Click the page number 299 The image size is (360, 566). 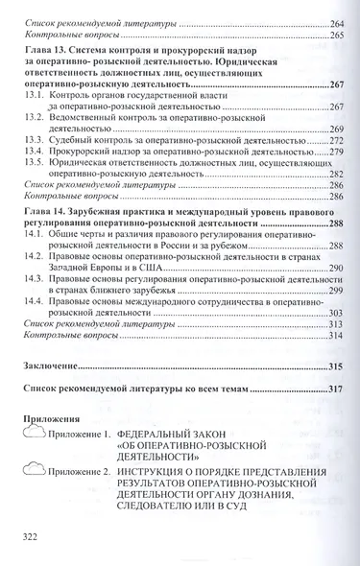point(335,290)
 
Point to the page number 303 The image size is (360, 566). point(335,313)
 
